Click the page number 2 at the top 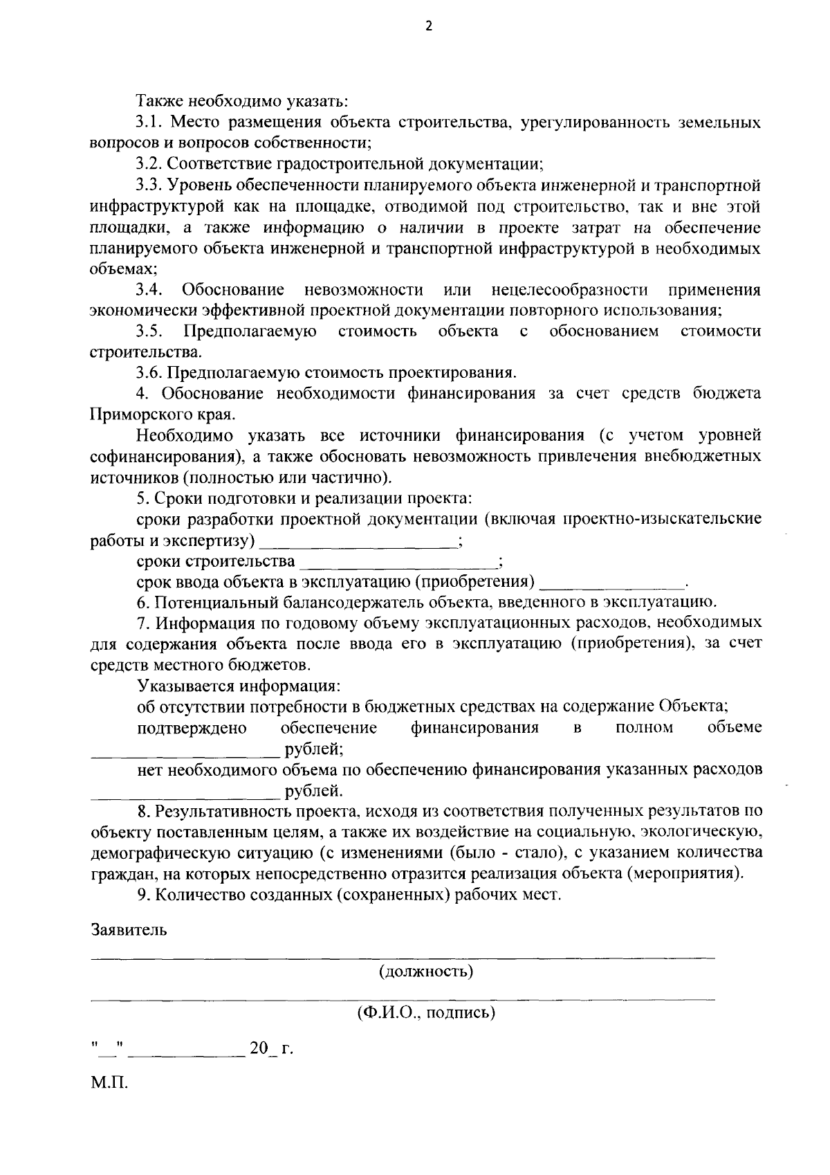coord(428,27)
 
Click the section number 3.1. coord(149,123)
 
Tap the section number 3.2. coord(149,165)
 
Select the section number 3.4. coord(149,289)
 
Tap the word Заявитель coord(129,929)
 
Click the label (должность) coord(425,972)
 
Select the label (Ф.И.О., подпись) coord(426,1014)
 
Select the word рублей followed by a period coord(311,790)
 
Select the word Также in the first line coord(158,102)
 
